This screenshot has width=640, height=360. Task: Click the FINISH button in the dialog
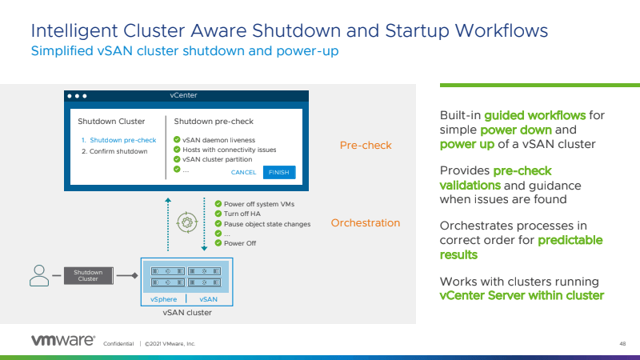[279, 172]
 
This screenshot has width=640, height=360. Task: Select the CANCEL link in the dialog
[243, 172]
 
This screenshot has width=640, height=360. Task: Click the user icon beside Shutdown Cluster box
[38, 275]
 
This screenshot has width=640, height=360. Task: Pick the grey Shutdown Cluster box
[89, 275]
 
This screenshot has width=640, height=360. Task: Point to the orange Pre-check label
[366, 146]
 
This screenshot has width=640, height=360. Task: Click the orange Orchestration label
[366, 223]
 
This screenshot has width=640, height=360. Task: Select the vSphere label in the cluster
[163, 298]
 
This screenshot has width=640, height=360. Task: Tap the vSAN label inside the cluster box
[208, 298]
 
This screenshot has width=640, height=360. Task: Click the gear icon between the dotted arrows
[187, 222]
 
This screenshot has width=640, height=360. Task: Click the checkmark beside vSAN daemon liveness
[177, 139]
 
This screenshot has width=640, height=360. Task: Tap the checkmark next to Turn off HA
[218, 214]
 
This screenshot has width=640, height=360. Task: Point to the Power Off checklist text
[240, 243]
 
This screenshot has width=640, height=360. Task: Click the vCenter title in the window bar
[183, 95]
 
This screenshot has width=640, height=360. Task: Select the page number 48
[622, 343]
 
